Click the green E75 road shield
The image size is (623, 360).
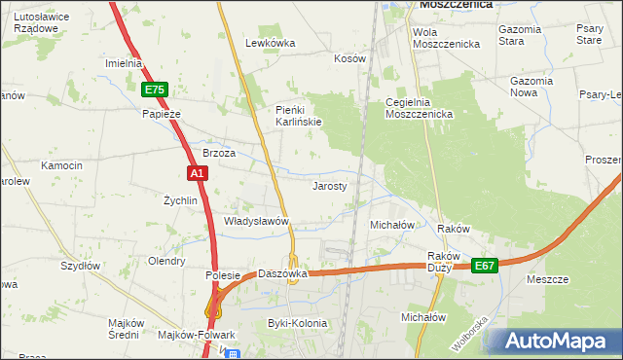pos(155,90)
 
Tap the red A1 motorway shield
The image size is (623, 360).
pos(197,173)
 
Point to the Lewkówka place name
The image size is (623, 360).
pos(270,43)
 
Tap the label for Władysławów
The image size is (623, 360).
pos(258,222)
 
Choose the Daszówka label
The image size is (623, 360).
pos(282,273)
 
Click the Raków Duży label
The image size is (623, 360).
pos(442,263)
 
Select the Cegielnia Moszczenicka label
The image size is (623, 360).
pos(420,108)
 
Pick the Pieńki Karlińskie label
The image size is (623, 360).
pos(297,115)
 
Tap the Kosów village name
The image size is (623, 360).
pos(349,58)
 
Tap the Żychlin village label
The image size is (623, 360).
pos(180,200)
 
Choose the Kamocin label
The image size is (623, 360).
pos(61,166)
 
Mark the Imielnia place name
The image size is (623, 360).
pos(124,63)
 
